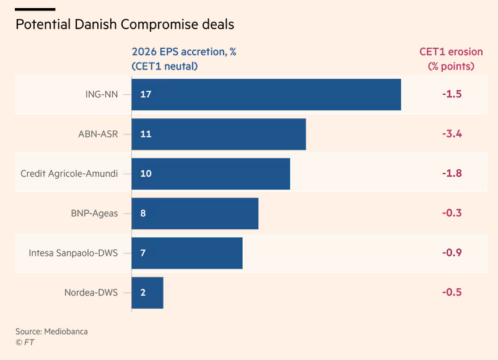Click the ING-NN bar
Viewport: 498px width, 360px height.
[x=266, y=94]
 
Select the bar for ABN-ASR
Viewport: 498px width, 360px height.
[x=219, y=134]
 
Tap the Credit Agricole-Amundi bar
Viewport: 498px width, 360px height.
[x=211, y=173]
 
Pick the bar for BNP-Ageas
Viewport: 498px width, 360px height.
[x=195, y=213]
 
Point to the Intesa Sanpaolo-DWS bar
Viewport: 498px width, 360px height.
[x=187, y=253]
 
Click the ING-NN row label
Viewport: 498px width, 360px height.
[x=102, y=94]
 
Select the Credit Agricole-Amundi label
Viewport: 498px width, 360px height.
[x=69, y=173]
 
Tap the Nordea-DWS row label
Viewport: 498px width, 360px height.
[x=91, y=292]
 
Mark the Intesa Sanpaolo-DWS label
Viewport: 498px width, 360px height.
[x=73, y=253]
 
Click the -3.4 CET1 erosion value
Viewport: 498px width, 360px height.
[x=452, y=134]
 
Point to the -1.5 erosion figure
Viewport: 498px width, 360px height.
[x=452, y=94]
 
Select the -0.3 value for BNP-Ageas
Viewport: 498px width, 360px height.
[x=452, y=213]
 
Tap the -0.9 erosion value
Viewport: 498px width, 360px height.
[x=452, y=253]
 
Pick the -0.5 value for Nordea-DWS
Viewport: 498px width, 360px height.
[x=452, y=292]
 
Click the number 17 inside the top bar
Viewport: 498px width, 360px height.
[x=146, y=94]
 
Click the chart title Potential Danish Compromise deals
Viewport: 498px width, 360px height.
[x=125, y=25]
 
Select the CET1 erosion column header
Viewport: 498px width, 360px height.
[x=450, y=59]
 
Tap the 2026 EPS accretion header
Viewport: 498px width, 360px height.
[x=184, y=59]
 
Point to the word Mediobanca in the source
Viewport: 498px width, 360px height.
[x=66, y=331]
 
